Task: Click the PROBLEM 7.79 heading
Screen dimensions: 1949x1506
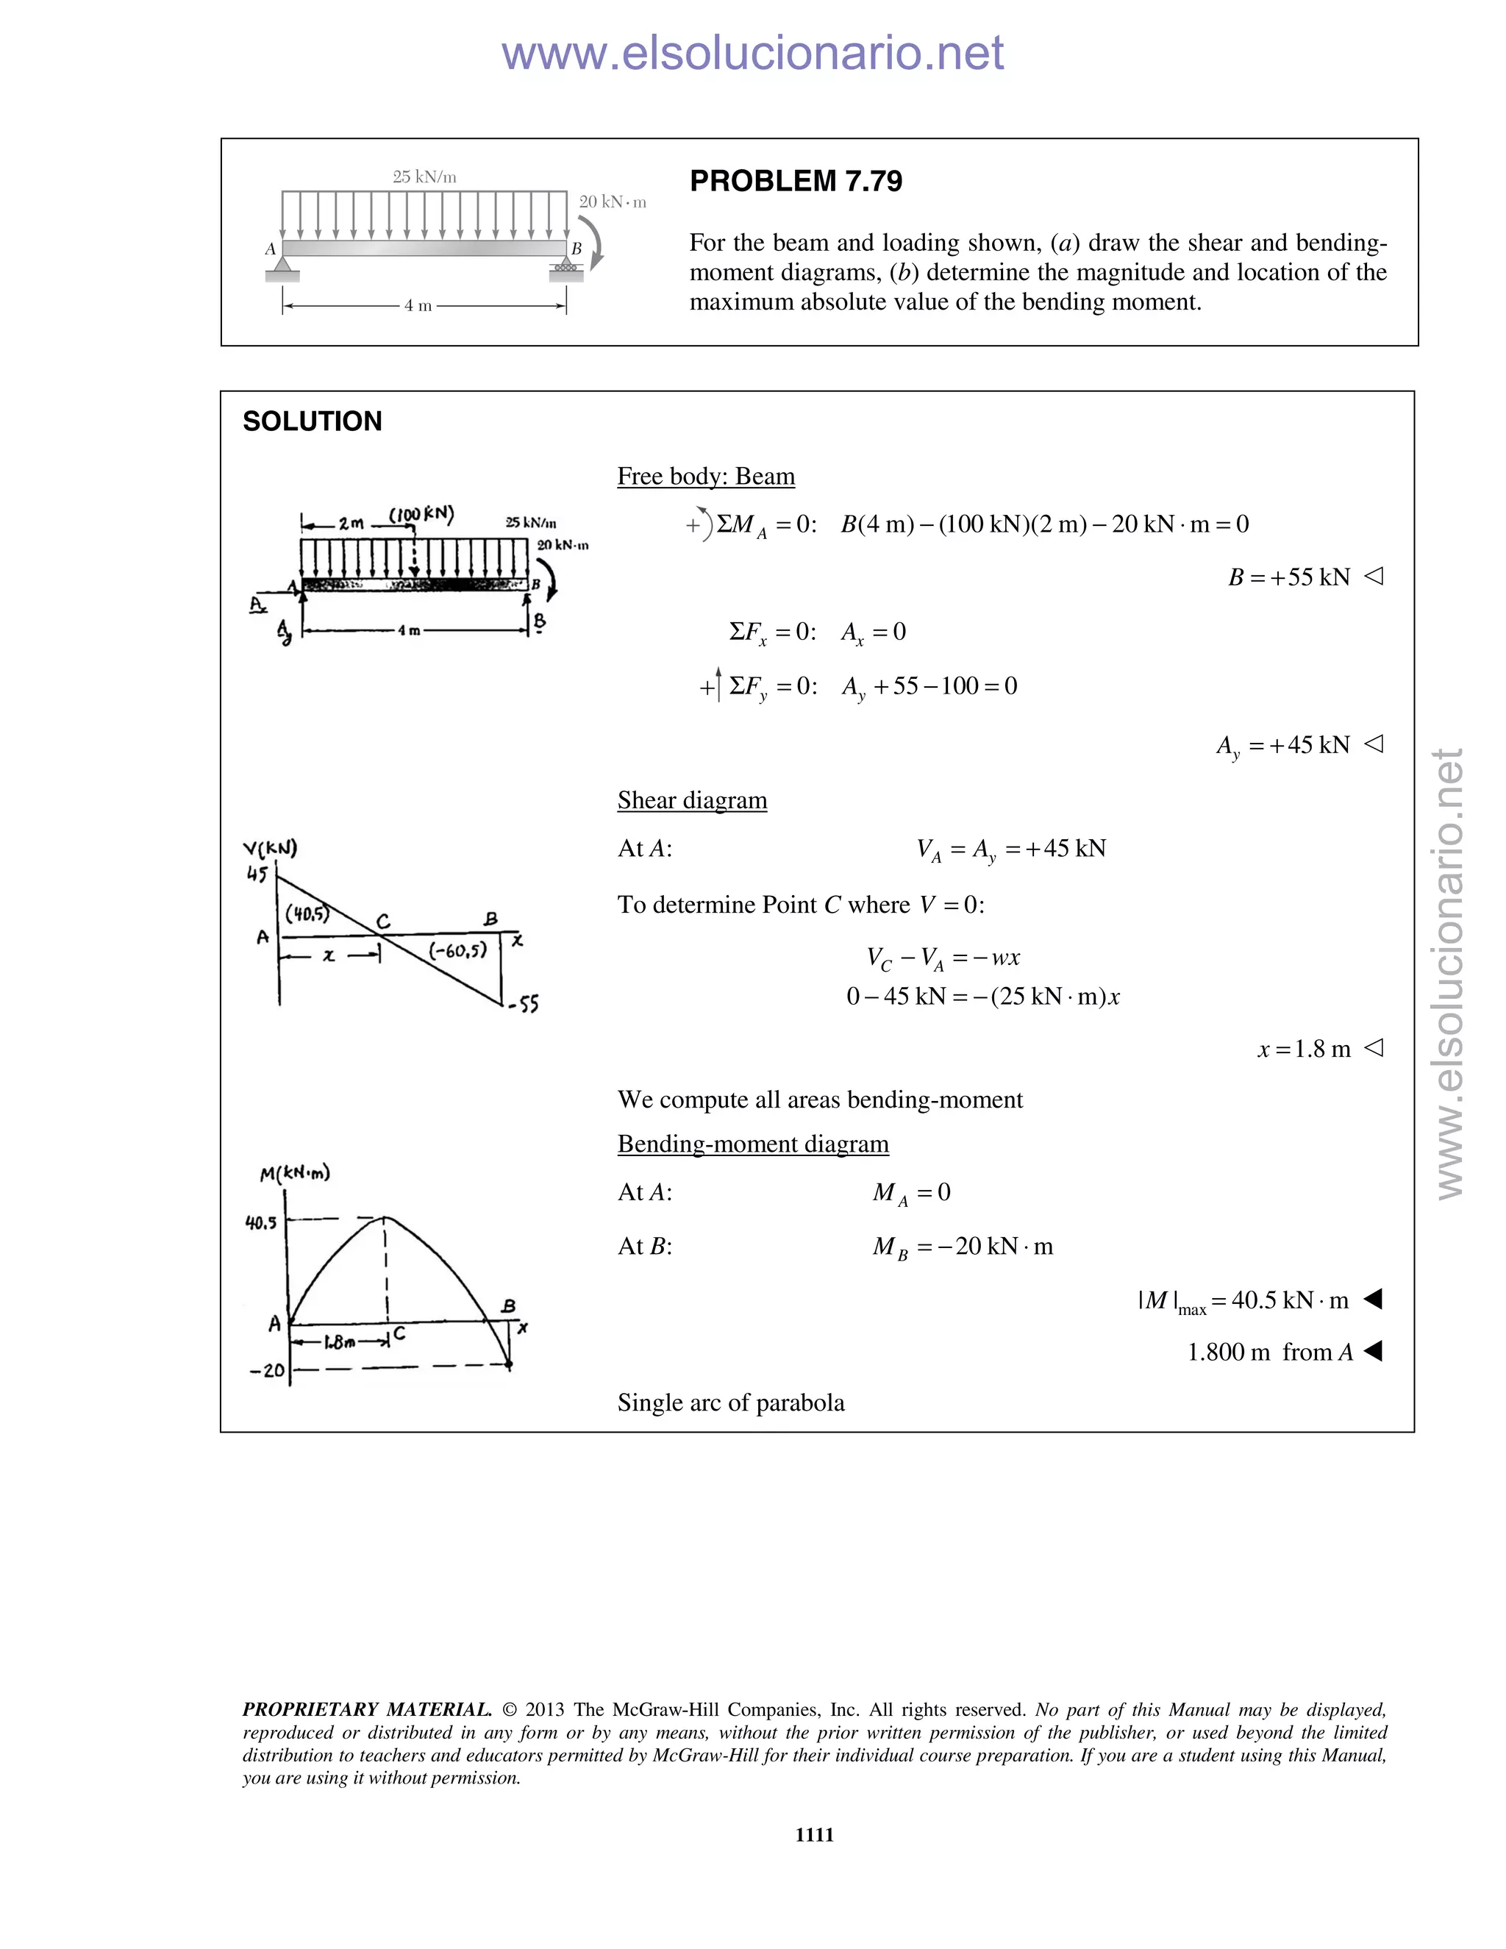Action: click(x=795, y=181)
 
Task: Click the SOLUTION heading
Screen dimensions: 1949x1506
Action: click(x=313, y=421)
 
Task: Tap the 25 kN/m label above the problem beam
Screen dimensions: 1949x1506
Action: click(x=425, y=177)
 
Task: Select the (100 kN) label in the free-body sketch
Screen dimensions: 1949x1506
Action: click(x=421, y=515)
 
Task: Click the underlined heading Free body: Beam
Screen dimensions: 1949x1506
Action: click(x=706, y=477)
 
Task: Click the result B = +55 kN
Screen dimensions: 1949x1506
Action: click(x=1289, y=577)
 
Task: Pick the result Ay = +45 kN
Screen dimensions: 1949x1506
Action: click(x=1283, y=745)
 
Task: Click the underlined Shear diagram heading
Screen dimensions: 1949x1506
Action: click(x=691, y=800)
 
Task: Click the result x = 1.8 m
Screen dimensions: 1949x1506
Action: click(x=1305, y=1049)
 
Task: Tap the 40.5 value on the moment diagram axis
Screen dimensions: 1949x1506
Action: click(x=260, y=1222)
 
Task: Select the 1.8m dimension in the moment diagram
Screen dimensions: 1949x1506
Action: click(x=339, y=1342)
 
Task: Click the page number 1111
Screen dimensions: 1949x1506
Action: click(x=814, y=1834)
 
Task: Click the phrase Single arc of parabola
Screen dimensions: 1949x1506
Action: click(x=731, y=1403)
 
